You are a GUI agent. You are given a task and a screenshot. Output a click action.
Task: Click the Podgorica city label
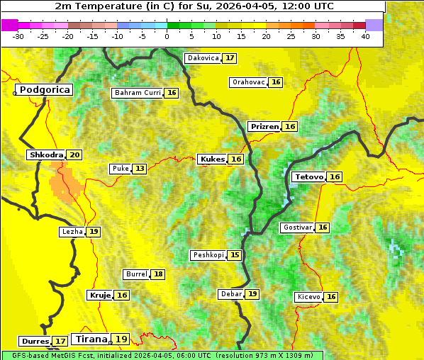point(45,90)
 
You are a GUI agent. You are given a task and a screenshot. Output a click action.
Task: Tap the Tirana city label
point(90,339)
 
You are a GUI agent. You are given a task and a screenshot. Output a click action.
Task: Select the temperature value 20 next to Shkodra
point(75,155)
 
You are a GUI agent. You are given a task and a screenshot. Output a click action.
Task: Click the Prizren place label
point(264,127)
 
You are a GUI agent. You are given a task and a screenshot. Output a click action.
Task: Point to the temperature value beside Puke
point(140,169)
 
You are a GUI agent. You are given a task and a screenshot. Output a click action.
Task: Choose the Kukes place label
point(212,159)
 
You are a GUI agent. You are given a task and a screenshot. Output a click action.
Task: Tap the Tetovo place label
point(309,177)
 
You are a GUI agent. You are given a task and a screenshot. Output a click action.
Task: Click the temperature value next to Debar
point(253,294)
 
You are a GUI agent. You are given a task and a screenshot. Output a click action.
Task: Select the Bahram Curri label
point(138,93)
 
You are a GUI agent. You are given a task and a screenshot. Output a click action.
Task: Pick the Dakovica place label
point(202,58)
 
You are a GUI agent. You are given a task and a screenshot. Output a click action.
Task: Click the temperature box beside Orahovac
point(277,82)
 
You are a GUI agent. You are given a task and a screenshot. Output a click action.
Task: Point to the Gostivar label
point(297,227)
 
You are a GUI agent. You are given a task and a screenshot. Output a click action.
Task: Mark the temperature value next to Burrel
point(158,274)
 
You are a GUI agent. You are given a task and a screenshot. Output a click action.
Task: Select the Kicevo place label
point(309,297)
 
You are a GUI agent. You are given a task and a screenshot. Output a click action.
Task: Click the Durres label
point(35,342)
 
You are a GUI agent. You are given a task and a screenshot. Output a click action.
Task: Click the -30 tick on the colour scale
point(18,35)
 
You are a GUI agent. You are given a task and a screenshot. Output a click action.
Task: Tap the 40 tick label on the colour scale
point(365,35)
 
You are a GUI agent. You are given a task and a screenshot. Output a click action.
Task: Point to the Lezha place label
point(72,232)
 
